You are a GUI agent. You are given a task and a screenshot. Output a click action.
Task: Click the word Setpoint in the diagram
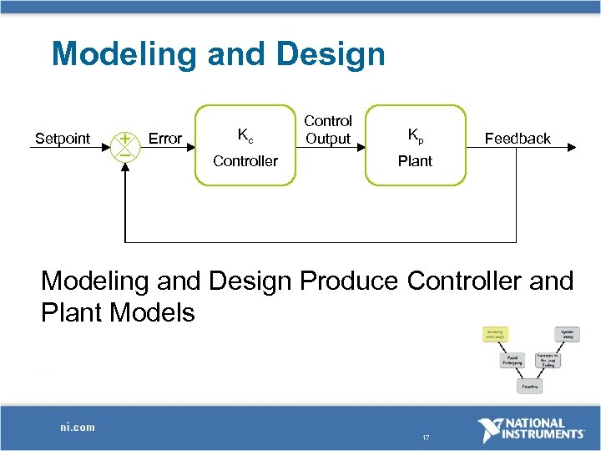pyautogui.click(x=63, y=139)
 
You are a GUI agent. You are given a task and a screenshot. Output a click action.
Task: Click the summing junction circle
pyautogui.click(x=124, y=145)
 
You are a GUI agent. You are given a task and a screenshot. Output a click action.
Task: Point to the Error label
pyautogui.click(x=164, y=139)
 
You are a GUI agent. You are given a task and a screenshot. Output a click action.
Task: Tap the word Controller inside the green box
pyautogui.click(x=245, y=160)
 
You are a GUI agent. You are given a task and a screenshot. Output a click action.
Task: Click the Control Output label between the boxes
pyautogui.click(x=328, y=130)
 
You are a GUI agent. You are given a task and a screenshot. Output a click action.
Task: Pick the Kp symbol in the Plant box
pyautogui.click(x=415, y=134)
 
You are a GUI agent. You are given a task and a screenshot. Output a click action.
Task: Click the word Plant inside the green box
pyautogui.click(x=415, y=160)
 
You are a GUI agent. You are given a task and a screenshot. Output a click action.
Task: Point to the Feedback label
pyautogui.click(x=518, y=139)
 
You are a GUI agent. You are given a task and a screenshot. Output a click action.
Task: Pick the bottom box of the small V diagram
pyautogui.click(x=530, y=387)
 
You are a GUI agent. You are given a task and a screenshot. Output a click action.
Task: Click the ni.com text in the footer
pyautogui.click(x=77, y=427)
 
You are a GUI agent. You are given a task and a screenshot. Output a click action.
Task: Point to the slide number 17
pyautogui.click(x=426, y=438)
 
